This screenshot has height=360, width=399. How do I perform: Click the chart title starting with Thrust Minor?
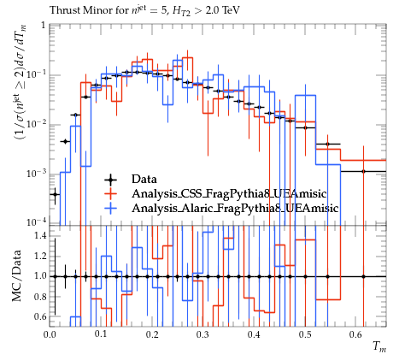pyautogui.click(x=144, y=10)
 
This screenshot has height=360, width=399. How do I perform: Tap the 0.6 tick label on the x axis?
pyautogui.click(x=356, y=334)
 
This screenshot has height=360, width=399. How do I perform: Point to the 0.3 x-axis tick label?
pyautogui.click(x=203, y=334)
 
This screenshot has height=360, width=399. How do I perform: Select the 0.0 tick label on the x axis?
pyautogui.click(x=50, y=334)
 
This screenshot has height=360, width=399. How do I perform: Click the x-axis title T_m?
pyautogui.click(x=379, y=347)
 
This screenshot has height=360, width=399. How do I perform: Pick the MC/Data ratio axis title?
pyautogui.click(x=17, y=276)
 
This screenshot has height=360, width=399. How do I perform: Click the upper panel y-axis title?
pyautogui.click(x=21, y=81)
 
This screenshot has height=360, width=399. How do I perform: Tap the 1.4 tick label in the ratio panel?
pyautogui.click(x=40, y=235)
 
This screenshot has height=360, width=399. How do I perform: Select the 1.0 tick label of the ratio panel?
pyautogui.click(x=40, y=276)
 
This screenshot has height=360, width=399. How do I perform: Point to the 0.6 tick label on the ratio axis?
pyautogui.click(x=40, y=316)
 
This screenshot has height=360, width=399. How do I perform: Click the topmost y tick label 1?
pyautogui.click(x=44, y=26)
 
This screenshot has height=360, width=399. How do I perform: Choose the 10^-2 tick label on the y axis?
pyautogui.click(x=36, y=124)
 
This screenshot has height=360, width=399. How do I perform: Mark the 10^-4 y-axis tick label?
pyautogui.click(x=36, y=222)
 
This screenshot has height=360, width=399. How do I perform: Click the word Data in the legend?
pyautogui.click(x=144, y=180)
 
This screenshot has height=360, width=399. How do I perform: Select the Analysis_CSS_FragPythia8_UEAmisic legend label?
pyautogui.click(x=229, y=194)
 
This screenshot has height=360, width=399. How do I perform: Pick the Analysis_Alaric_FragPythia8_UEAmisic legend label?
pyautogui.click(x=235, y=209)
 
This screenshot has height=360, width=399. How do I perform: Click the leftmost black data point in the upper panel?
pyautogui.click(x=55, y=195)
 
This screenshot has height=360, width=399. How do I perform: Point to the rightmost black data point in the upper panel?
pyautogui.click(x=363, y=171)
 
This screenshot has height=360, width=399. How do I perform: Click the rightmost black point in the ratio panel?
pyautogui.click(x=363, y=276)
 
